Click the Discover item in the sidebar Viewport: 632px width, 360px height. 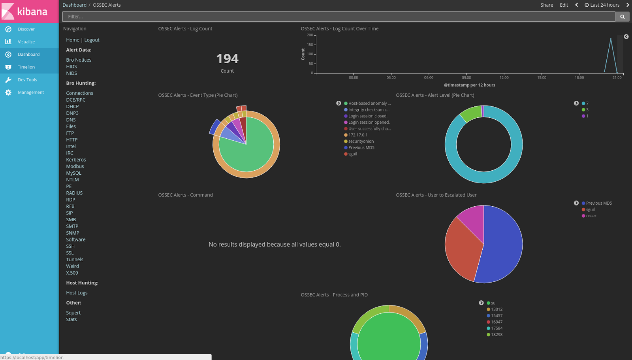click(26, 29)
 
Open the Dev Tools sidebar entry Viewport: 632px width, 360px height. click(27, 80)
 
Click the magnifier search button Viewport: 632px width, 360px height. click(622, 17)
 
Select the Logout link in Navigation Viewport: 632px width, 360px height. click(92, 40)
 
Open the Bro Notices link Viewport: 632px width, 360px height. click(79, 60)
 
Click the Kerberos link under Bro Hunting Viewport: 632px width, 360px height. click(76, 160)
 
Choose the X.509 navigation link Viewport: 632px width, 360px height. click(72, 273)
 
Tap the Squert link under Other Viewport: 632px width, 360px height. click(73, 313)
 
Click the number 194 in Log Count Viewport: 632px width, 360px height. click(227, 59)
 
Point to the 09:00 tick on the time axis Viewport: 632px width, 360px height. click(466, 77)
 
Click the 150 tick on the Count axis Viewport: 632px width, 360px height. click(310, 45)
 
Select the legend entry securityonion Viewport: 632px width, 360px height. click(361, 141)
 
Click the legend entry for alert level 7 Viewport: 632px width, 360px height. click(587, 104)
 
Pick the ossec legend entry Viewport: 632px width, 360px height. click(591, 216)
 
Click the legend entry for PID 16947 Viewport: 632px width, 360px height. click(497, 322)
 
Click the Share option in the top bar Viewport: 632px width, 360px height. click(547, 5)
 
